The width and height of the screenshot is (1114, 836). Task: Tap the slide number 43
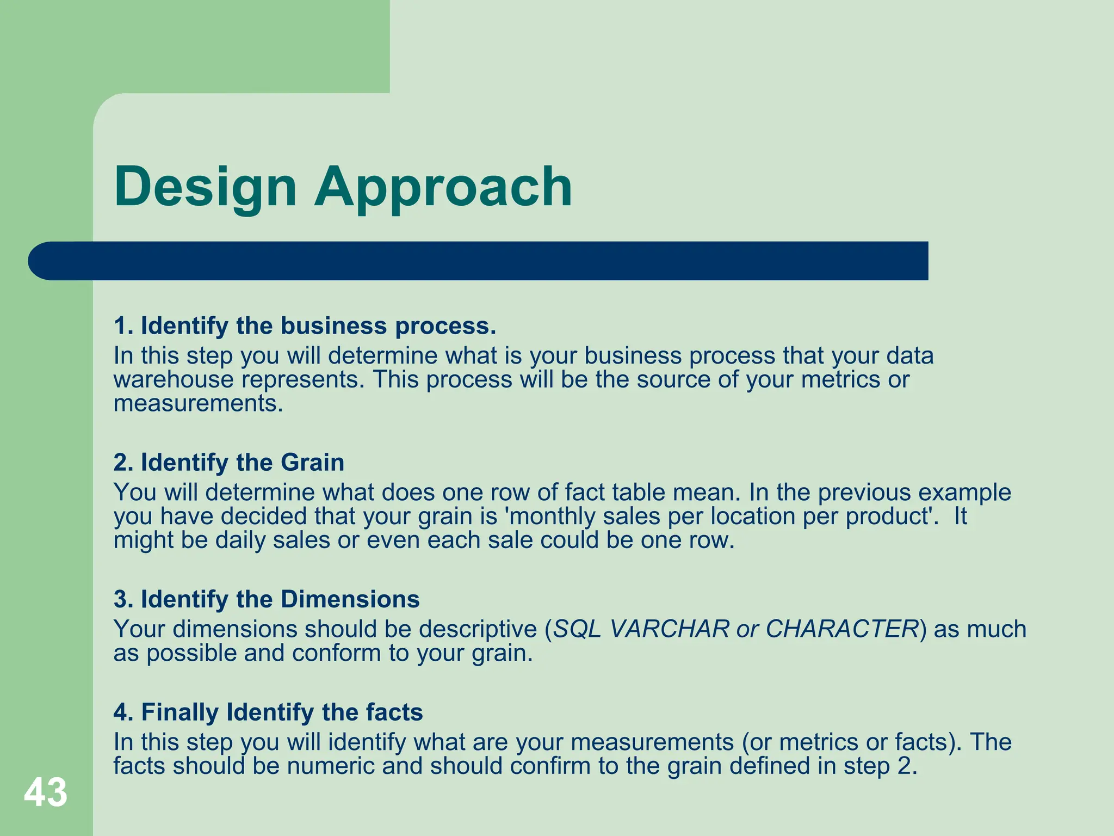46,792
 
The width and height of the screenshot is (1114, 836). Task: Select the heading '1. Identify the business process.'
305,326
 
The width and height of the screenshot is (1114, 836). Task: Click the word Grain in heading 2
312,463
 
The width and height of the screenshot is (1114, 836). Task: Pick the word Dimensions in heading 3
350,599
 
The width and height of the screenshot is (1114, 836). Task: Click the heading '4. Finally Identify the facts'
268,712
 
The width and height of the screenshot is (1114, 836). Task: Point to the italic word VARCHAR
669,629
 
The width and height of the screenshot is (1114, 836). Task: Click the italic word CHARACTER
842,629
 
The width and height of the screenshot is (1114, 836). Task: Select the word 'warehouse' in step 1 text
174,380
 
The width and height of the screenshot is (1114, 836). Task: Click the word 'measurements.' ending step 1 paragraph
198,404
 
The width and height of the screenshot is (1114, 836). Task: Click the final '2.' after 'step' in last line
907,766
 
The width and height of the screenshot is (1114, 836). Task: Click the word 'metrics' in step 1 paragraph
840,380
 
